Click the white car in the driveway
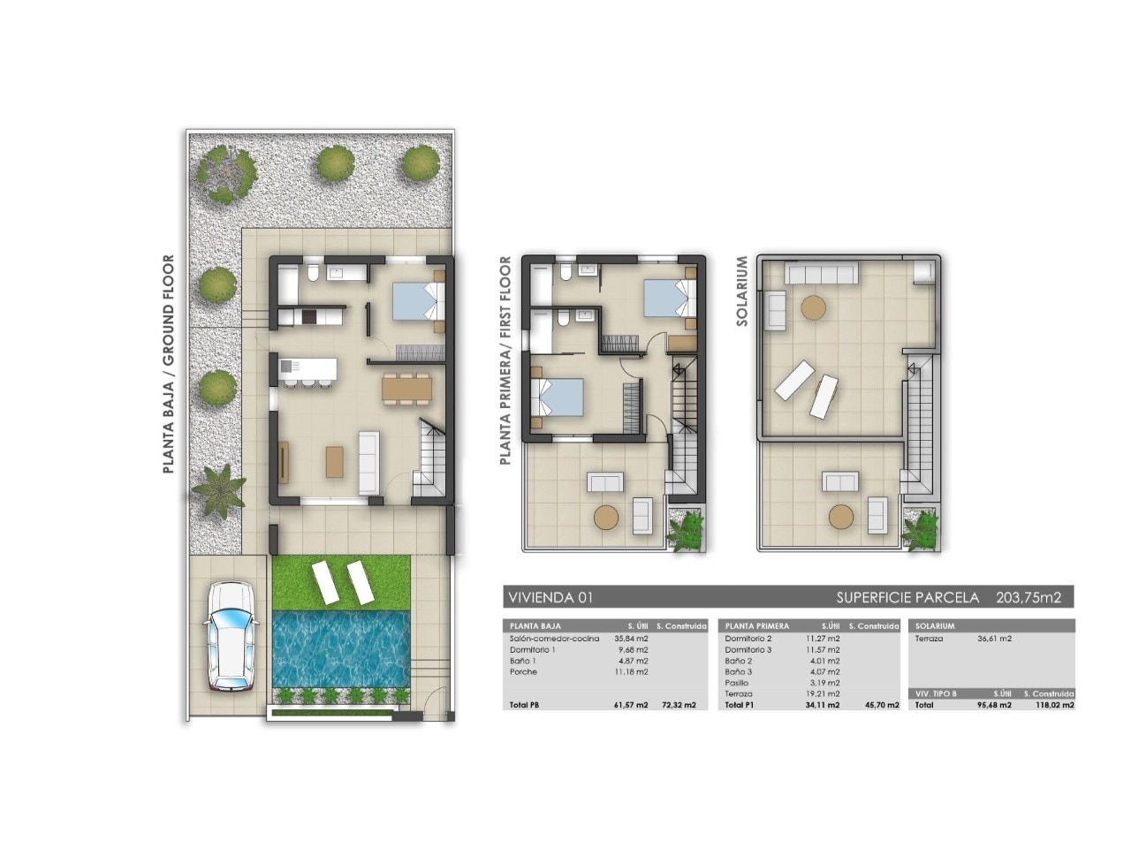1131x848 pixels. (232, 636)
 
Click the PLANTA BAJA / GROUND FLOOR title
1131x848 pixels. (168, 365)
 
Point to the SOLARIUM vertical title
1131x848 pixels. (742, 292)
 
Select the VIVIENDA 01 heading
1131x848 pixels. (550, 598)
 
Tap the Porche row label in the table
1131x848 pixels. (523, 672)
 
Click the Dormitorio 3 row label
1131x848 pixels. (748, 649)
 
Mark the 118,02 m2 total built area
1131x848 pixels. (1056, 705)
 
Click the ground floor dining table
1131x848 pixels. (406, 388)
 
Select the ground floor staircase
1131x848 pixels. (431, 459)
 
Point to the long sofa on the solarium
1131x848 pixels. (822, 274)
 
